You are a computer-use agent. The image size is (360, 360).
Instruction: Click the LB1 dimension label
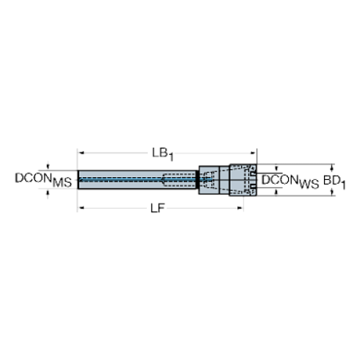pyautogui.click(x=162, y=154)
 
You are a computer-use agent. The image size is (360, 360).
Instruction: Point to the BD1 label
pyautogui.click(x=334, y=181)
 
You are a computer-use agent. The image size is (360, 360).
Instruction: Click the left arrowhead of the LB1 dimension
pyautogui.click(x=80, y=153)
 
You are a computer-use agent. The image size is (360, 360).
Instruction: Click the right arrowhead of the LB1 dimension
pyautogui.click(x=253, y=153)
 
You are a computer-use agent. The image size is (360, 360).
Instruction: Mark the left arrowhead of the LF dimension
pyautogui.click(x=80, y=209)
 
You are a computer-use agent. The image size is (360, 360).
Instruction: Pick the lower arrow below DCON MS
pyautogui.click(x=48, y=192)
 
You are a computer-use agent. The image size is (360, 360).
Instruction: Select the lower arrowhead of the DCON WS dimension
pyautogui.click(x=276, y=194)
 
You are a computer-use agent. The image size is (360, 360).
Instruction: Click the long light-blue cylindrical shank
pyautogui.click(x=118, y=180)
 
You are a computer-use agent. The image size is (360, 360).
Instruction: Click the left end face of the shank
pyautogui.click(x=78, y=180)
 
